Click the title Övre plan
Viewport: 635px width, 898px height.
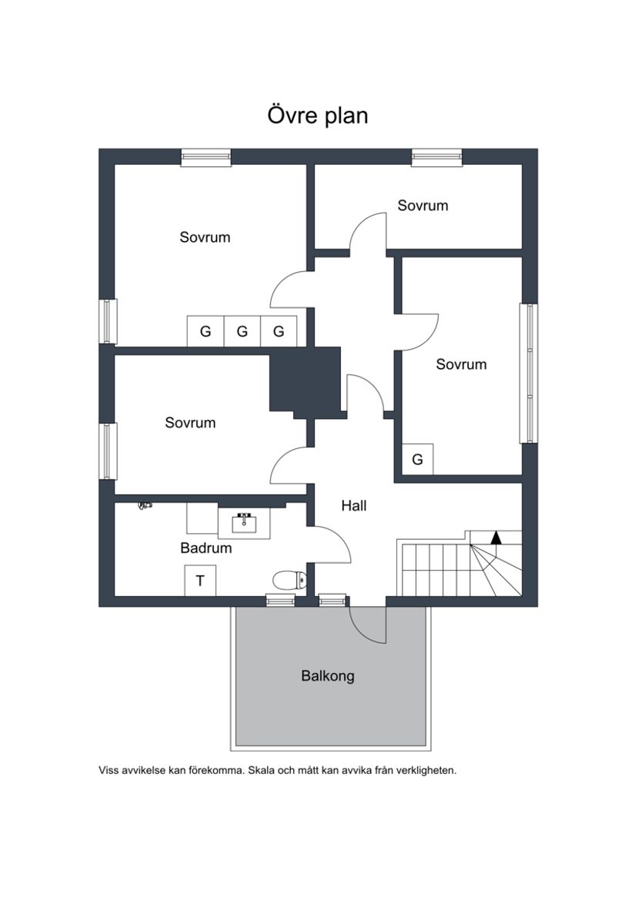pyautogui.click(x=318, y=116)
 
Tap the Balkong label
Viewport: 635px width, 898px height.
pyautogui.click(x=328, y=676)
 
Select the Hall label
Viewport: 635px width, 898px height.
pyautogui.click(x=354, y=506)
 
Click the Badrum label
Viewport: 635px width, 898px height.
pyautogui.click(x=206, y=548)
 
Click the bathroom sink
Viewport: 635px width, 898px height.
pyautogui.click(x=245, y=523)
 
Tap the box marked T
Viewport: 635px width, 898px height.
pyautogui.click(x=200, y=581)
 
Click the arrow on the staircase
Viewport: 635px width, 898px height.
pyautogui.click(x=496, y=538)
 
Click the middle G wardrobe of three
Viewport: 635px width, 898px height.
pyautogui.click(x=242, y=332)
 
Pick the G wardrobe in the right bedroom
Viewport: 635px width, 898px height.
pyautogui.click(x=417, y=460)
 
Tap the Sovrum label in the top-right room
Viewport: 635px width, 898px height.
pyautogui.click(x=423, y=206)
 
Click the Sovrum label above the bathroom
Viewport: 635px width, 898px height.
pyautogui.click(x=190, y=423)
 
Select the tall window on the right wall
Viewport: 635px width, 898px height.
pyautogui.click(x=529, y=373)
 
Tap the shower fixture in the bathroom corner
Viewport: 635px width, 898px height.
pyautogui.click(x=144, y=505)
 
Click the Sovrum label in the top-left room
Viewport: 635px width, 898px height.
pyautogui.click(x=205, y=237)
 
